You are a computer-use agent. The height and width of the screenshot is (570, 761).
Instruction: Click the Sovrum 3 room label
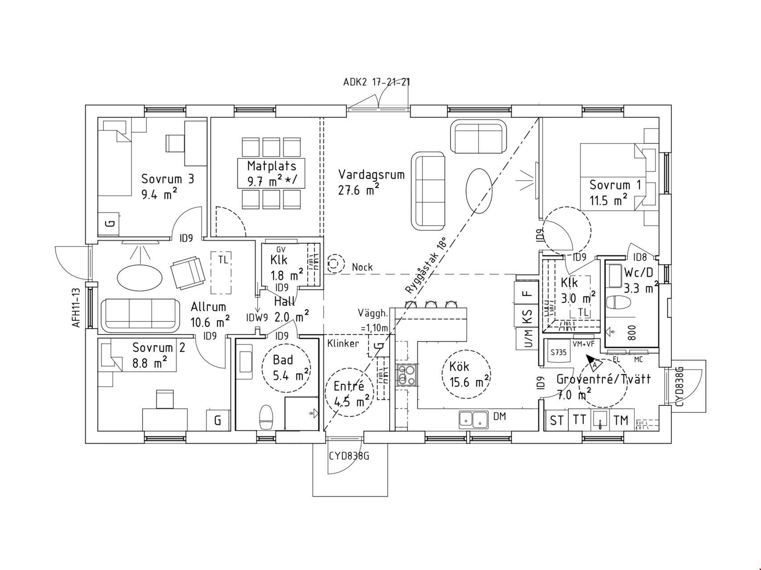(x=168, y=179)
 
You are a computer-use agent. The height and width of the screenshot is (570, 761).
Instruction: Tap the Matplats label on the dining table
(x=271, y=166)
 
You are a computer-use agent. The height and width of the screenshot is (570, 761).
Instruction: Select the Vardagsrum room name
(x=371, y=174)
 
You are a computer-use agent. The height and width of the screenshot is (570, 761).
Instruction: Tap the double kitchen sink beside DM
(x=473, y=419)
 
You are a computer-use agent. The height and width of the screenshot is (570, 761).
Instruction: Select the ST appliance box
(x=556, y=420)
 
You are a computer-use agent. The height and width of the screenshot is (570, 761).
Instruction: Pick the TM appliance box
(x=621, y=420)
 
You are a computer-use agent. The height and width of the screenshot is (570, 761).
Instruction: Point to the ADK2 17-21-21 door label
(x=377, y=82)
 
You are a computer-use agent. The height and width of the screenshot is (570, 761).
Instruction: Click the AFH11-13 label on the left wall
(x=76, y=307)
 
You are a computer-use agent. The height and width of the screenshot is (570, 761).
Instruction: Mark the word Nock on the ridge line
(x=362, y=267)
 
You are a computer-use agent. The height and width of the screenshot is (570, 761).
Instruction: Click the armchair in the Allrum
(x=187, y=272)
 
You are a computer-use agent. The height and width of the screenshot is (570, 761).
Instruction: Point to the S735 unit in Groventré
(x=558, y=352)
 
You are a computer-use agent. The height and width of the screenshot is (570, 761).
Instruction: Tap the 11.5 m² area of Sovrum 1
(x=609, y=200)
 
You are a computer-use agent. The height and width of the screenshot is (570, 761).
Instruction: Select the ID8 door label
(x=640, y=257)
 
